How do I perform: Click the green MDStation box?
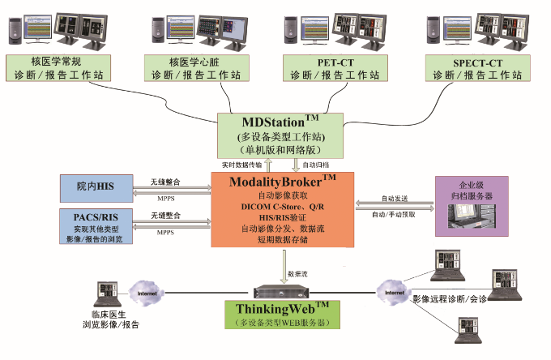click(280, 135)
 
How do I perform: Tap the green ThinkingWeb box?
click(282, 315)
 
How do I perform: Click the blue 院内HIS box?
click(97, 187)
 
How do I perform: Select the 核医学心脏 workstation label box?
click(194, 68)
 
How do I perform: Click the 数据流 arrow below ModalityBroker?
click(284, 264)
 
